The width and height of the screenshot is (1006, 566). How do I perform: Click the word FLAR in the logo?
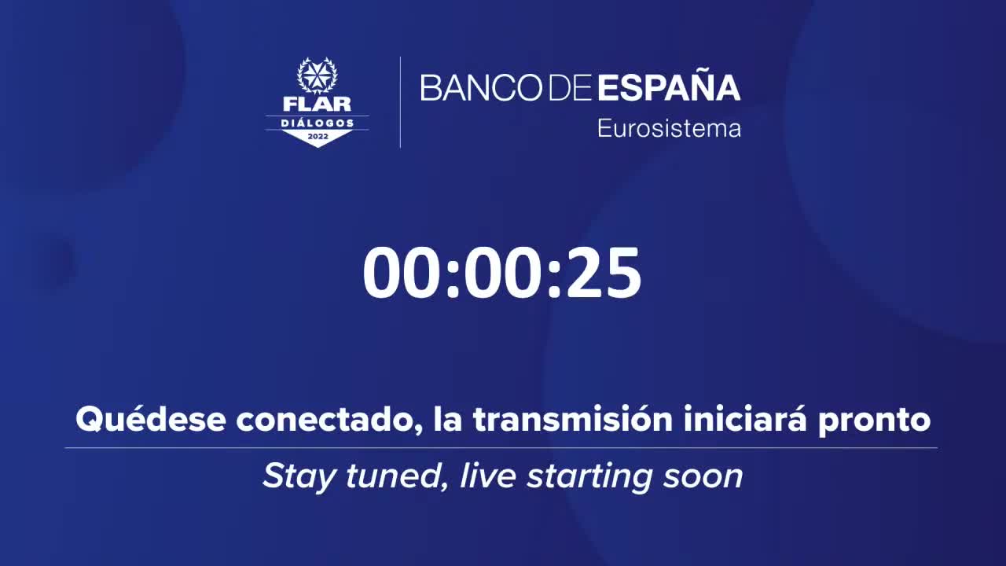(317, 105)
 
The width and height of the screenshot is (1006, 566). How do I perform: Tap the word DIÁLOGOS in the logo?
(318, 123)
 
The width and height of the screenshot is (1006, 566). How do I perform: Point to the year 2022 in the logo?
(318, 136)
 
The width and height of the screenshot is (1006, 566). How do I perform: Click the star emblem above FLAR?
(317, 76)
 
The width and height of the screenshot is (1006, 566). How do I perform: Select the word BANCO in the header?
(482, 87)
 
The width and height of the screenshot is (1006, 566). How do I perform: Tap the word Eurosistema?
(669, 128)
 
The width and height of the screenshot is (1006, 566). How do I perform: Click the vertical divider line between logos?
(400, 102)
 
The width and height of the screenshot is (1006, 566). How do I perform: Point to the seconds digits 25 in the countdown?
(604, 274)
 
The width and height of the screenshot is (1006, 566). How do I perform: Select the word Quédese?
(151, 419)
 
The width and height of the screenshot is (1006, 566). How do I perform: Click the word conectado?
(330, 421)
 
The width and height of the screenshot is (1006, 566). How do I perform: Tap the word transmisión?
(573, 419)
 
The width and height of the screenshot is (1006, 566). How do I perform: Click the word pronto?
(874, 423)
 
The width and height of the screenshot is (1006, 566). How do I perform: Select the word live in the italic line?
(488, 476)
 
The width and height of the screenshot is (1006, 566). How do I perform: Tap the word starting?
(589, 478)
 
